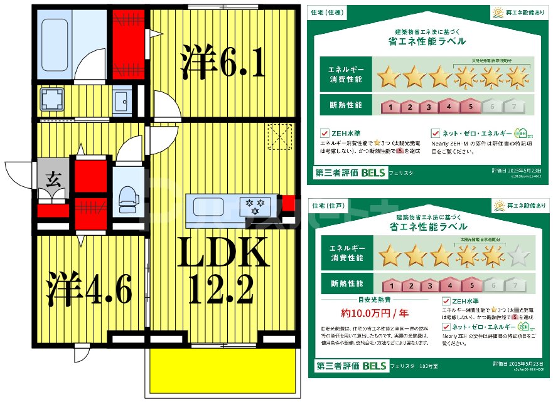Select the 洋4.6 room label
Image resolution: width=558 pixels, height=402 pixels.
pos(89,289)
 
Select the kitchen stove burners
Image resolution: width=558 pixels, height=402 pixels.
pos(255,205)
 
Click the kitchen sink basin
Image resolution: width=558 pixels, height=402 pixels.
pos(212,205)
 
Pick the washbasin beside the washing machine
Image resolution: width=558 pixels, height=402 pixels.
pos(122,100)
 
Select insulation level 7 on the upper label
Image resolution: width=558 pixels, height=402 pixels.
pos(514,107)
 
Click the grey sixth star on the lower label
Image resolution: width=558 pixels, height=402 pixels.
pos(518,255)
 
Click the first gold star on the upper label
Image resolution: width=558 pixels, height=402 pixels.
pos(389,77)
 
